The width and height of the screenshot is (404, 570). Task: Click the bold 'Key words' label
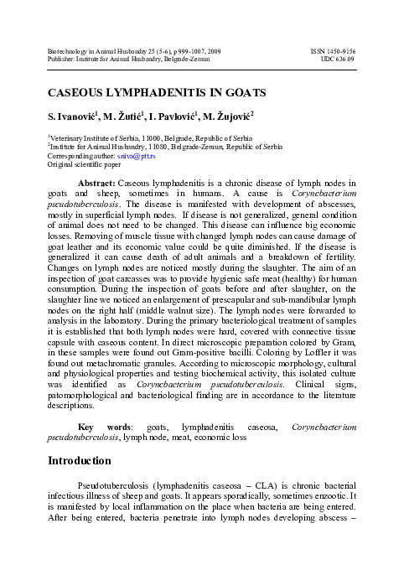point(97,427)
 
